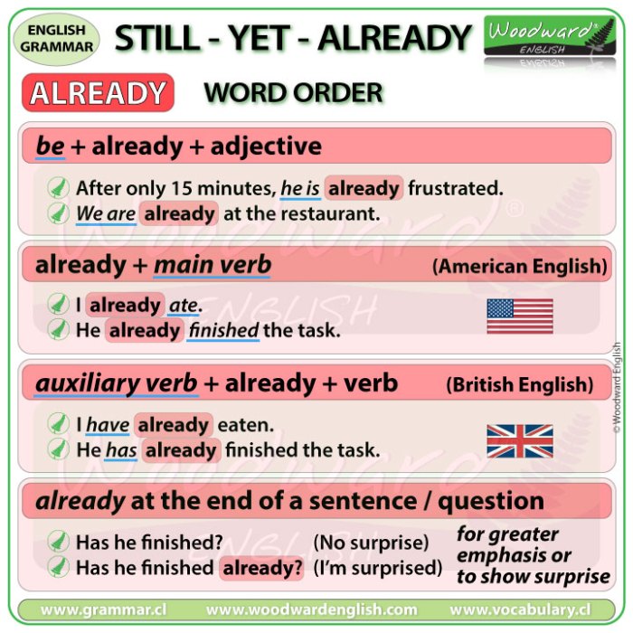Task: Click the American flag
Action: [520, 316]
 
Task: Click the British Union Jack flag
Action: [520, 440]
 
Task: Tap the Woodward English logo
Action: [552, 38]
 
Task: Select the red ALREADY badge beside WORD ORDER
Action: [99, 93]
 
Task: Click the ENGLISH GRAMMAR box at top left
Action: [58, 37]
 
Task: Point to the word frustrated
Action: [455, 188]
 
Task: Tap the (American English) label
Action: [519, 266]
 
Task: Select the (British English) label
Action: [520, 384]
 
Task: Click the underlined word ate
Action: [184, 306]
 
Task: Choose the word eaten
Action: [245, 424]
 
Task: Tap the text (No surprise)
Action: [371, 543]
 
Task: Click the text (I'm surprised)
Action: [378, 568]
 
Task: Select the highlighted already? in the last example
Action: [260, 568]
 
